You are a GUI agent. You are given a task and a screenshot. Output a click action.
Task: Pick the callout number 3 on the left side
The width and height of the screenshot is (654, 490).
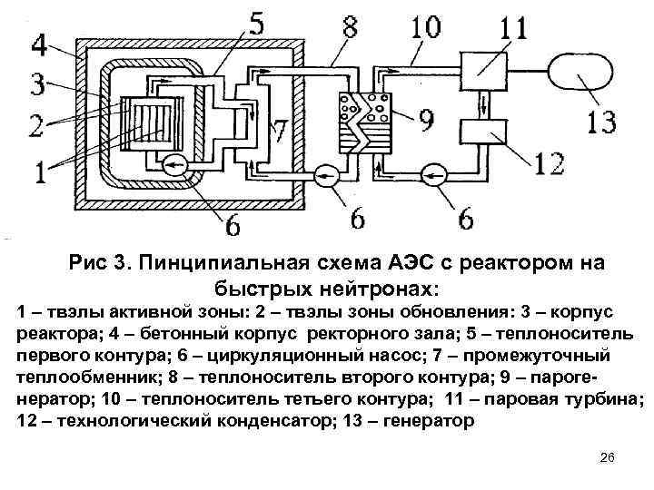tap(35, 86)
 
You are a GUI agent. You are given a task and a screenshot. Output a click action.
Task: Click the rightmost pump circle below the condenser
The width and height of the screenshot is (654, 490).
tap(437, 171)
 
